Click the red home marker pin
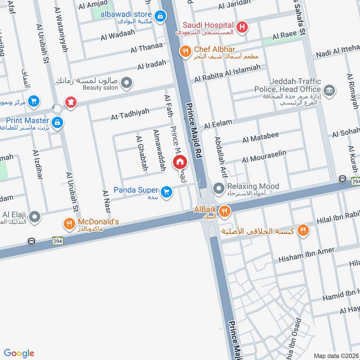(180, 162)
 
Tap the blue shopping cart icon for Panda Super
(166, 192)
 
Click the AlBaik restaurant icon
(225, 210)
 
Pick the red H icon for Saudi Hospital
(242, 27)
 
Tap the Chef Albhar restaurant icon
(184, 51)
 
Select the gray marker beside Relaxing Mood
(219, 187)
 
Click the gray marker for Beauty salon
(126, 82)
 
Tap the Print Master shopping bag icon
(57, 122)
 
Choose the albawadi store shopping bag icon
(159, 17)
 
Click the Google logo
(19, 353)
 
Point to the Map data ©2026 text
(335, 355)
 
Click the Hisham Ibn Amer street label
(306, 255)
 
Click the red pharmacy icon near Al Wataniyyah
(70, 102)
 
